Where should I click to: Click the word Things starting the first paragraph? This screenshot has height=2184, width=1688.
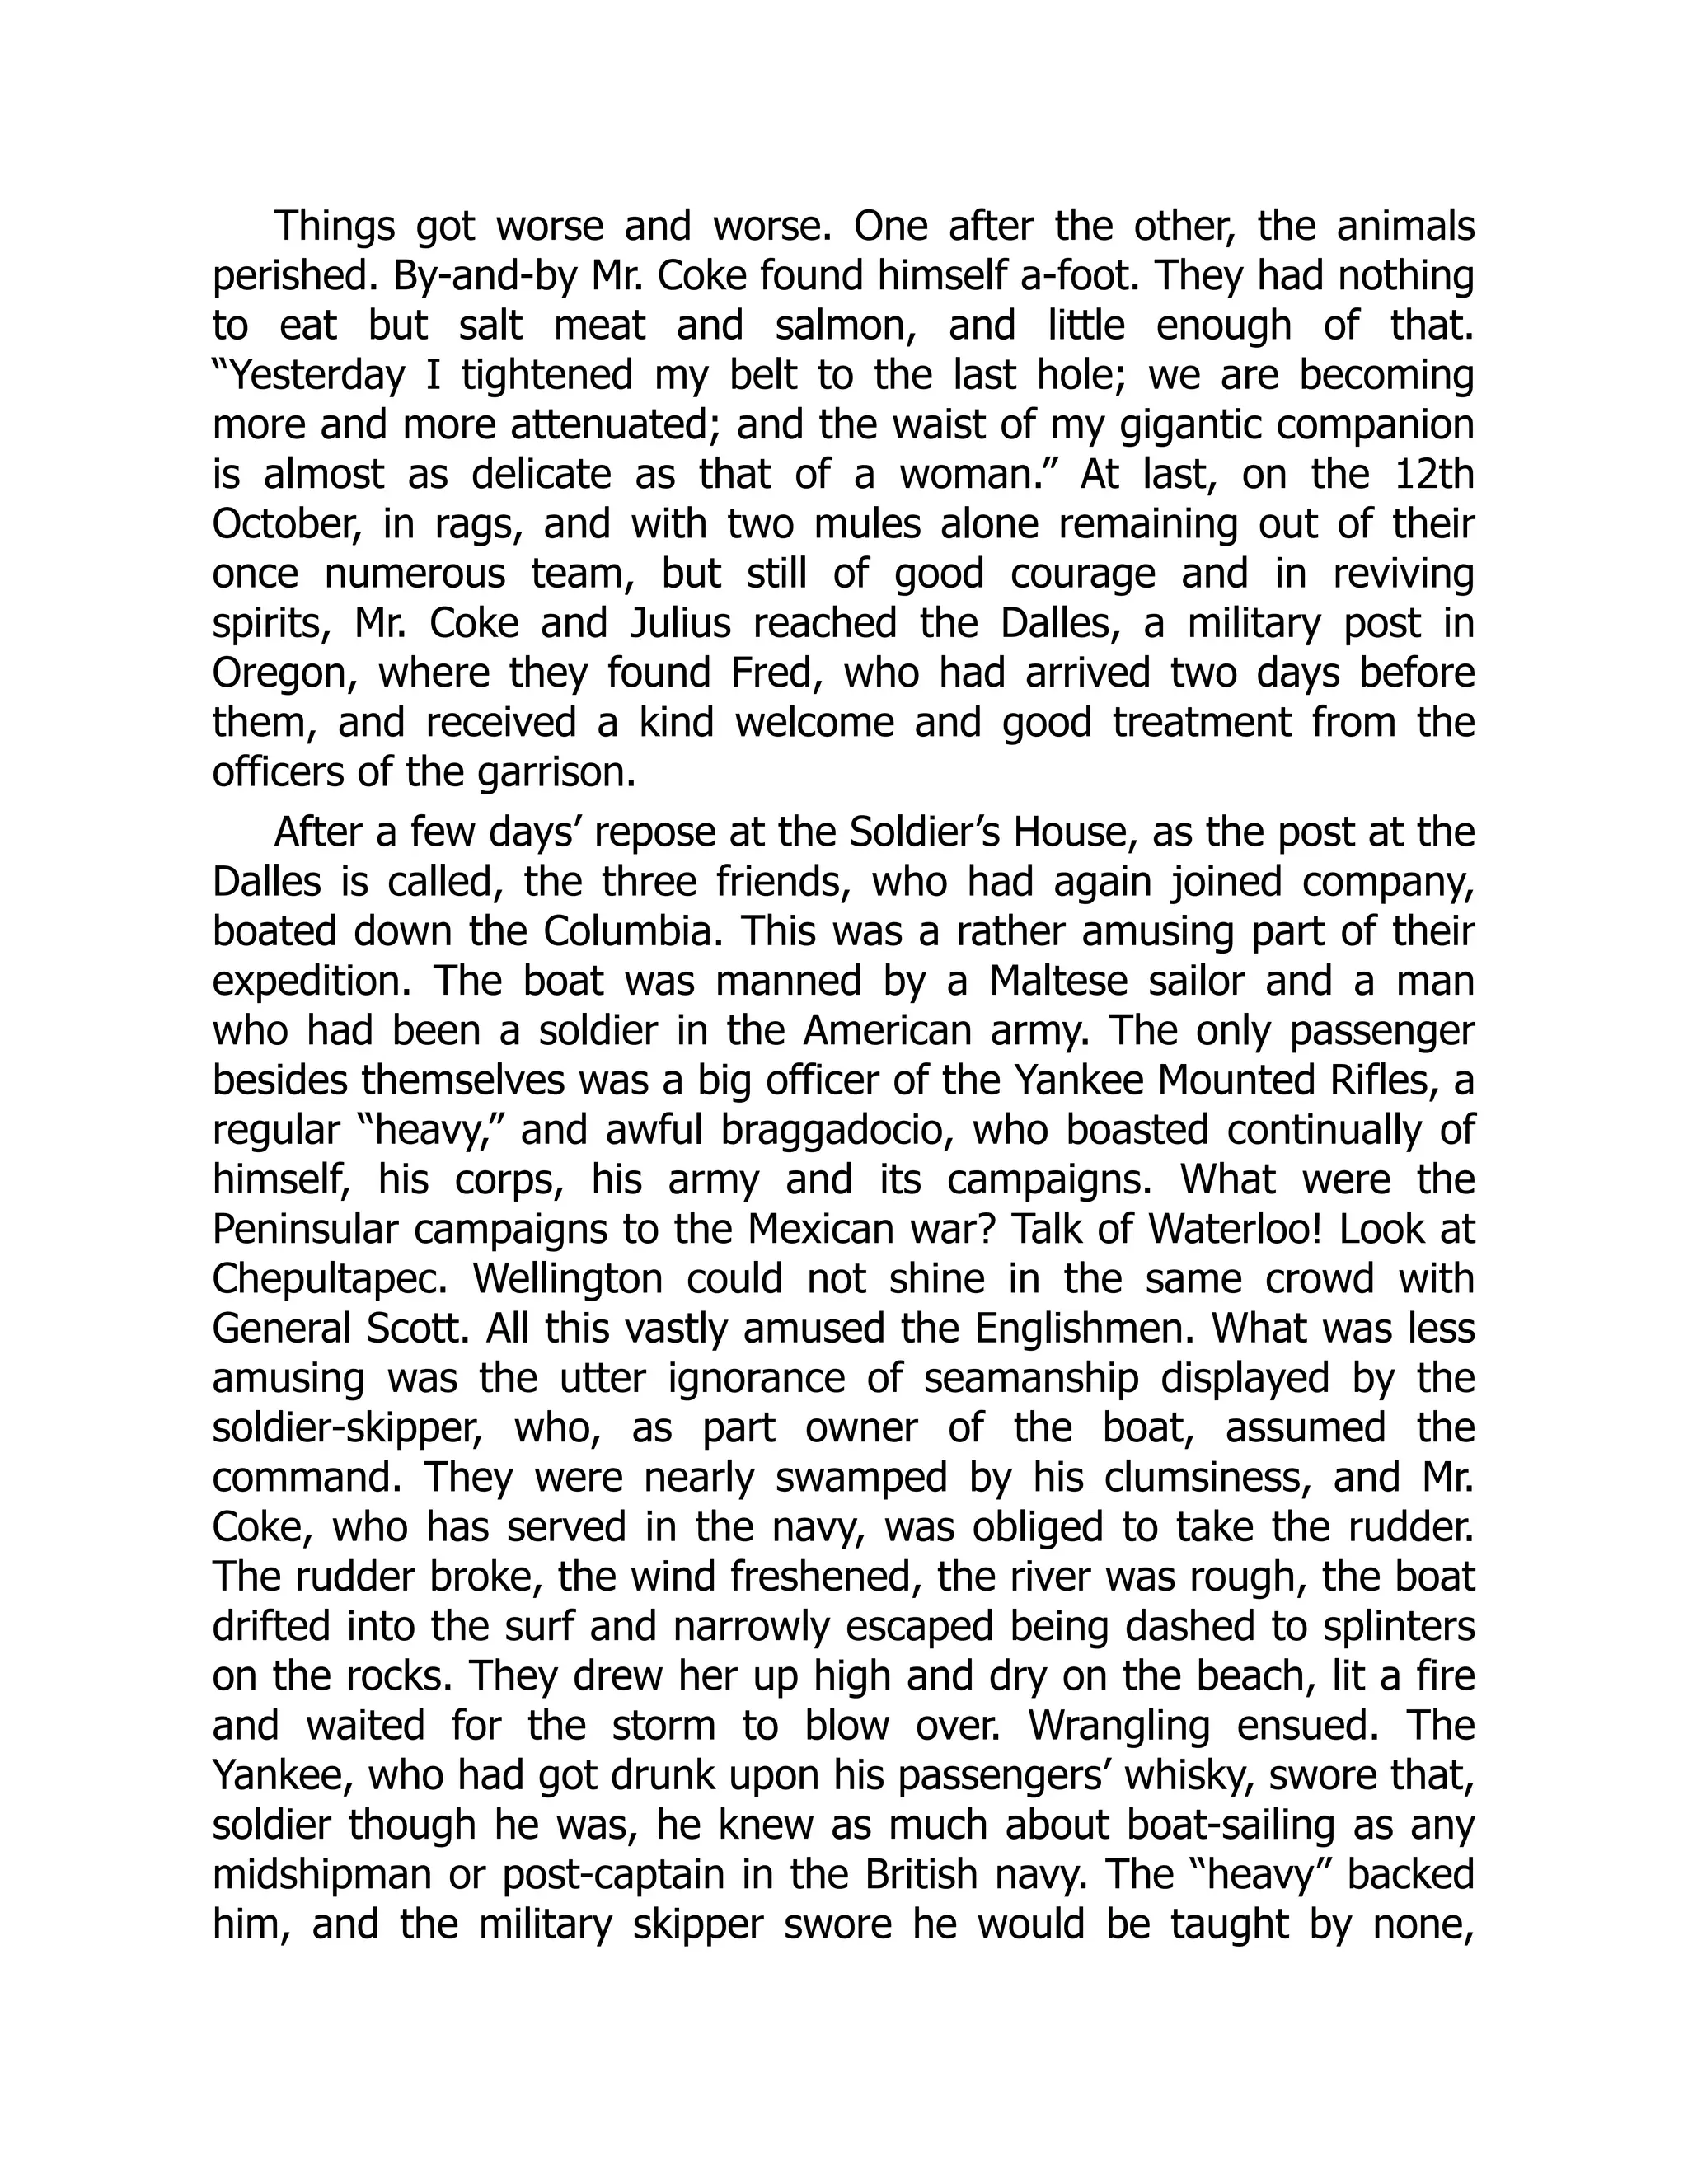(334, 227)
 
